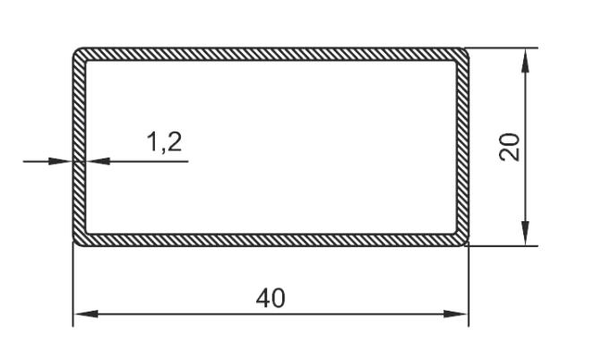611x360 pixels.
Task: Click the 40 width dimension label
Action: pos(271,298)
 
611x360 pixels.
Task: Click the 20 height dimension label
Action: pos(509,147)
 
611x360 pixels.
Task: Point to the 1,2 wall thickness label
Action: pos(165,141)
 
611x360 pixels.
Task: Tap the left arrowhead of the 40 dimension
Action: pos(86,313)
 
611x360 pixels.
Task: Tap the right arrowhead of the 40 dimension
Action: pos(455,313)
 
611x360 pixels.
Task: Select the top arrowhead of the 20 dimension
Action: pos(526,60)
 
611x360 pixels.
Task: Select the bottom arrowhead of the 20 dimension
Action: pos(526,234)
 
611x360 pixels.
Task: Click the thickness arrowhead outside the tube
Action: pos(60,161)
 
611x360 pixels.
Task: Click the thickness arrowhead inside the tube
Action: pos(98,161)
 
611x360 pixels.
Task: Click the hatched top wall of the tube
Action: pos(271,54)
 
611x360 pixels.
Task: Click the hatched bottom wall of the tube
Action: pos(271,240)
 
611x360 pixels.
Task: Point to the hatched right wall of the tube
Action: pos(463,147)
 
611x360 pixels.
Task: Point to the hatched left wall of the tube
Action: pos(79,147)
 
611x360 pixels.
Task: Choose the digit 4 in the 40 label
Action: pos(262,298)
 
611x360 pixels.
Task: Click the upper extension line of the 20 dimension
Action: pos(502,48)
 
